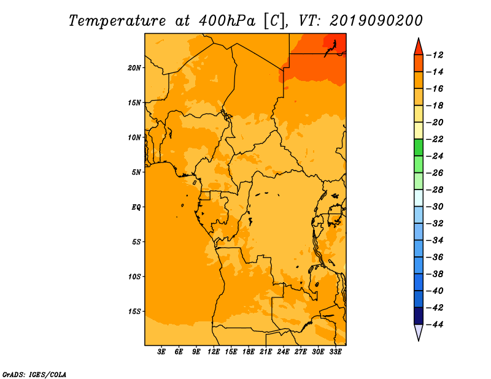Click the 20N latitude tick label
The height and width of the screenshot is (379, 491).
[134, 68]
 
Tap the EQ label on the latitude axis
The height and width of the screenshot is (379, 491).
[136, 207]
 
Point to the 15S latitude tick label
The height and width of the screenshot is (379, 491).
[134, 312]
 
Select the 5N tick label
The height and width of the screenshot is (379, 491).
[136, 172]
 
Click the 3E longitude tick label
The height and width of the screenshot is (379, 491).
[161, 352]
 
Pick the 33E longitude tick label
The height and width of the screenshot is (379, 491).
[335, 352]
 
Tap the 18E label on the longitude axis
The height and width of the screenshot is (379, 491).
[249, 352]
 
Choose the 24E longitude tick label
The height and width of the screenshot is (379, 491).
[283, 352]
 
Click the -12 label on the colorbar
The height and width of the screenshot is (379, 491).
[435, 55]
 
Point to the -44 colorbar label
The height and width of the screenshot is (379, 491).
[435, 324]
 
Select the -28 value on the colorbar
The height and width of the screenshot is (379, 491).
[435, 190]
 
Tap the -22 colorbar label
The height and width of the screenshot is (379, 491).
[435, 139]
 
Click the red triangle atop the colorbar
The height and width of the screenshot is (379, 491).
[419, 48]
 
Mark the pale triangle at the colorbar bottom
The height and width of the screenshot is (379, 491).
[419, 331]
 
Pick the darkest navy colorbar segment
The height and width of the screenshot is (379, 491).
[419, 316]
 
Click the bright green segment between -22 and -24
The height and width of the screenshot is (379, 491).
[419, 147]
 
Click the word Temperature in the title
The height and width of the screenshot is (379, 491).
[117, 21]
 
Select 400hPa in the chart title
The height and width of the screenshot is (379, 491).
[227, 21]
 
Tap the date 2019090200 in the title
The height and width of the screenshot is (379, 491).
[376, 21]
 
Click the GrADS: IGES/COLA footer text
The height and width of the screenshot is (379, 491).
[34, 375]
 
